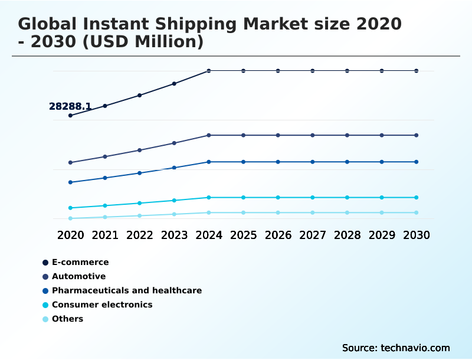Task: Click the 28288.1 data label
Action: pos(70,107)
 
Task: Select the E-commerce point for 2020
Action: pos(70,116)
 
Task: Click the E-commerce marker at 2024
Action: pos(209,71)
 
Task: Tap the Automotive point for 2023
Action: pos(174,143)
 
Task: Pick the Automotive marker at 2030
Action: pos(417,135)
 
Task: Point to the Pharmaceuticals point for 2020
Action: pos(70,182)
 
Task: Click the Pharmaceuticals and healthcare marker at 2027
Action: pos(313,162)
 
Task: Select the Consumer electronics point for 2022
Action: pos(140,203)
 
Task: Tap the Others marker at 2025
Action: pos(243,212)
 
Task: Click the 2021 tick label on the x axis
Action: pos(105,235)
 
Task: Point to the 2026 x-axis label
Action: pos(278,235)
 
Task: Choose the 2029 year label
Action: pos(382,235)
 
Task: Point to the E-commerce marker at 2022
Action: pos(140,95)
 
